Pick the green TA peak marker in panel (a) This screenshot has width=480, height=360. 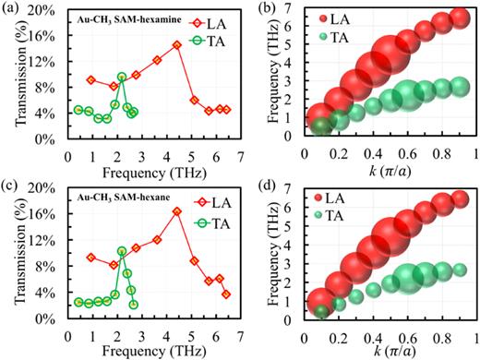tap(122, 77)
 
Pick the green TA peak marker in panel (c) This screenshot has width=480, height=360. tap(121, 250)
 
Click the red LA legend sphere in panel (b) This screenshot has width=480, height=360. tap(324, 18)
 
